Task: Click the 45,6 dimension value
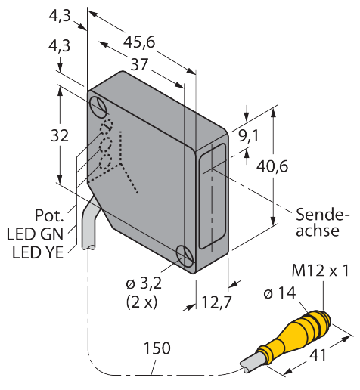pyautogui.click(x=139, y=42)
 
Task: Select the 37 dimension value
pyautogui.click(x=139, y=64)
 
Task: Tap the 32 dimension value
pyautogui.click(x=60, y=135)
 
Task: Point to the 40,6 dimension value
pyautogui.click(x=272, y=166)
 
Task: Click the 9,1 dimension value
pyautogui.click(x=249, y=136)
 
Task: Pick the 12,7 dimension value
pyautogui.click(x=216, y=302)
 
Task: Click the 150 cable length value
pyautogui.click(x=157, y=348)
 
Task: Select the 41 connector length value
pyautogui.click(x=318, y=355)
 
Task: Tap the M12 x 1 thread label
pyautogui.click(x=321, y=271)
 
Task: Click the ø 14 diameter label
pyautogui.click(x=280, y=292)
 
